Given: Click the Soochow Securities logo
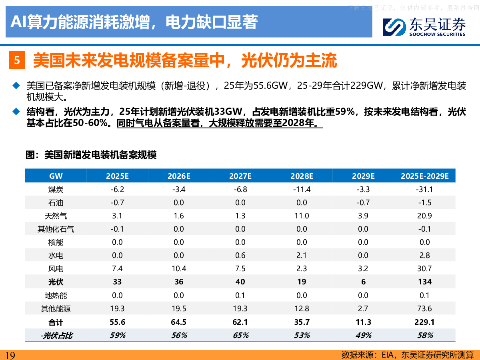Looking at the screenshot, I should point(424,27).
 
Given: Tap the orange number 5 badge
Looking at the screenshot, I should point(17,61).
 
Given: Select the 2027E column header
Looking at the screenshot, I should point(240,176).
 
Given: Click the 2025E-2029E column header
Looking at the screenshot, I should point(425,176).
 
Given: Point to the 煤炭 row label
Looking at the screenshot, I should point(56,189).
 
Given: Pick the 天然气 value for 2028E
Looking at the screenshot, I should point(302,216).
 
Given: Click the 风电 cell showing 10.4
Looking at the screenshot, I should point(179,269).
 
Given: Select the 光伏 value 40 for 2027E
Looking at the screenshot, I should point(240,282).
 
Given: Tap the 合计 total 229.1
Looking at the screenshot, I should point(425,322).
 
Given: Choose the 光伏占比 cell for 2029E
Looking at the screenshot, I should point(363,335).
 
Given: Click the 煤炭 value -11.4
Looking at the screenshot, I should point(302,189).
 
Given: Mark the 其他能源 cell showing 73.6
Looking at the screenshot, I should point(425,308).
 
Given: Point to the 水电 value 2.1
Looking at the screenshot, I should point(302,256).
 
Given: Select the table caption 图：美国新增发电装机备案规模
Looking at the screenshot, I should point(91,155).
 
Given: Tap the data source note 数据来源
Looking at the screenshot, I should point(407,355).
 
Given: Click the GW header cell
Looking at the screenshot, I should point(56,176).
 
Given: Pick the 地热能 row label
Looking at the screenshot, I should point(56,295).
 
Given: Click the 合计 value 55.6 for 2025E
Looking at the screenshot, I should point(117,322).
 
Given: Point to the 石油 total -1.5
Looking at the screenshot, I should point(425,202).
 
